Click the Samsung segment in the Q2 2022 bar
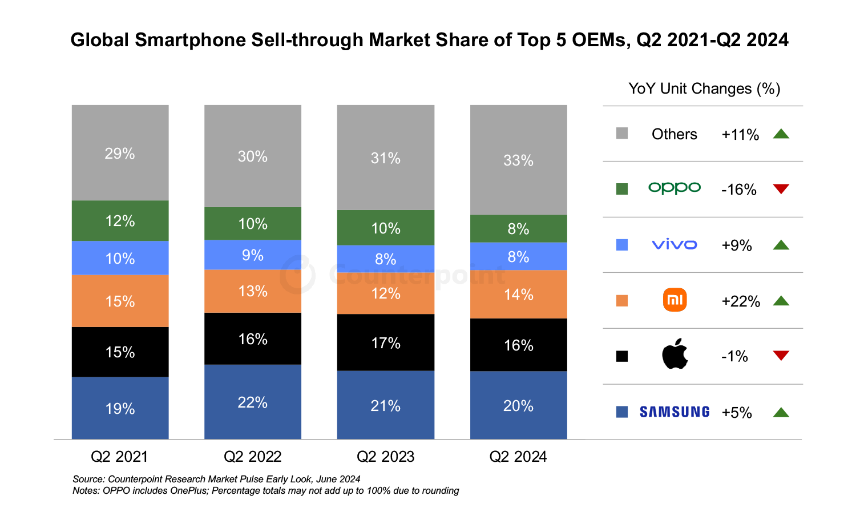coord(253,402)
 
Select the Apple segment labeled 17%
coord(386,342)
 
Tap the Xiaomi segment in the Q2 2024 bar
coord(518,294)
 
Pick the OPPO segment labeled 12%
coord(120,221)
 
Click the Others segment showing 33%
coord(518,160)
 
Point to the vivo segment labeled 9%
coord(253,255)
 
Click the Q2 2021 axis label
coord(119,457)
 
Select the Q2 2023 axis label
coord(386,457)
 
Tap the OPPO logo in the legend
coord(675,188)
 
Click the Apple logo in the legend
coord(675,354)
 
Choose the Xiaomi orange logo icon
coord(675,300)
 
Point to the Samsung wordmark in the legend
coord(675,412)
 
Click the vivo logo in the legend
coord(675,245)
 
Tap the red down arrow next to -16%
coord(781,189)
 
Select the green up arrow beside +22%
coord(781,301)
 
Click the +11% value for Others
coord(740,135)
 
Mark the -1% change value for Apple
coord(734,357)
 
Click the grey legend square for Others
coord(622,134)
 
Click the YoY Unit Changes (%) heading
coord(704,88)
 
